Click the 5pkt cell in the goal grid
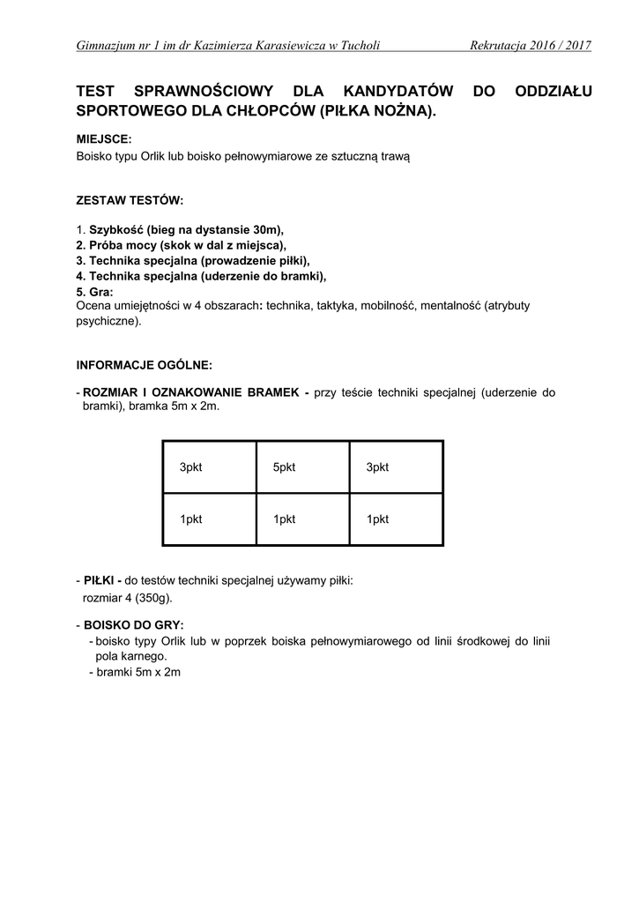(x=284, y=467)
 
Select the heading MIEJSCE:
(x=104, y=139)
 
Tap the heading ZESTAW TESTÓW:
(x=130, y=201)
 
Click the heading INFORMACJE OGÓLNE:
(x=145, y=363)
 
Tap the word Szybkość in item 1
(x=117, y=229)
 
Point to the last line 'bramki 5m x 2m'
(x=137, y=673)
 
